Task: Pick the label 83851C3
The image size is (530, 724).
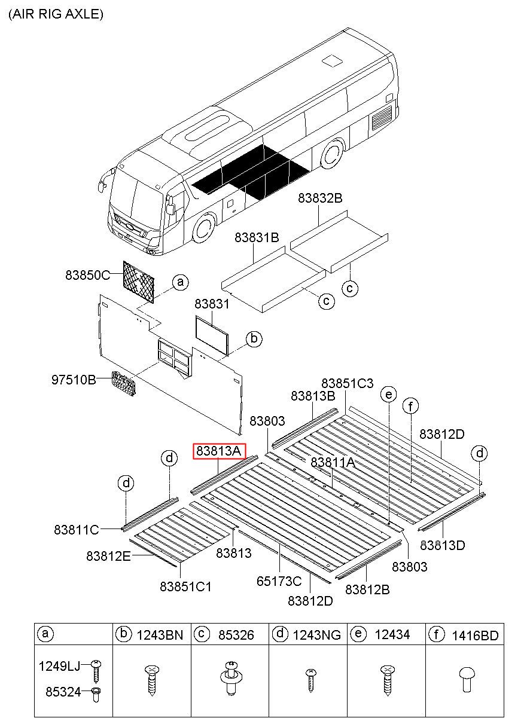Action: [348, 383]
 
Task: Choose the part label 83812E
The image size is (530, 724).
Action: [108, 556]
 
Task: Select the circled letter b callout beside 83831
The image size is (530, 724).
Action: [254, 340]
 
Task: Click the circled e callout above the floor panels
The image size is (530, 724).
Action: [389, 394]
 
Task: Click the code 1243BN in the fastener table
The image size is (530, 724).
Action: [160, 635]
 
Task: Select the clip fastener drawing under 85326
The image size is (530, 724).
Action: [231, 679]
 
